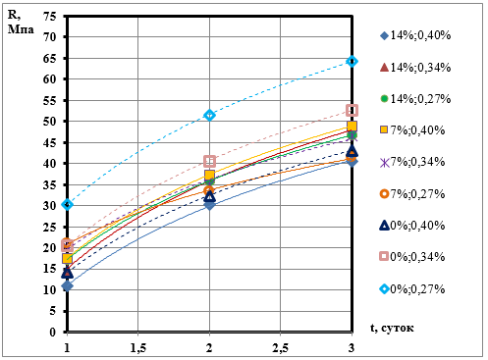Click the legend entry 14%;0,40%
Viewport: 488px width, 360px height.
(415, 35)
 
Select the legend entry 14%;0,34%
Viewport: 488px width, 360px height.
(415, 67)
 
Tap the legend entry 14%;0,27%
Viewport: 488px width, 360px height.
(415, 98)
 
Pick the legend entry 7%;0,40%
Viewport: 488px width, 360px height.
(412, 129)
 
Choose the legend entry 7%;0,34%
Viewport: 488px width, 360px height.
(412, 162)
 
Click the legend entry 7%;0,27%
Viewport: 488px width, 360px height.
(412, 193)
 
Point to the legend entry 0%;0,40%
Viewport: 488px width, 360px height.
(412, 226)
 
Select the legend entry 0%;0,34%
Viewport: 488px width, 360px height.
(412, 257)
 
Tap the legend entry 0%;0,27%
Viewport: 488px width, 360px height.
(412, 288)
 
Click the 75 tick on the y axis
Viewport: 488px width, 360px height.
(50, 16)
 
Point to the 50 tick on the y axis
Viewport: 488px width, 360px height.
(50, 121)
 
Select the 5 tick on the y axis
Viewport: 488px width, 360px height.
(53, 311)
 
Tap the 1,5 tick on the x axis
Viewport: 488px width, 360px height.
(138, 348)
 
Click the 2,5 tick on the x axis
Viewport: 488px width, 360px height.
(281, 348)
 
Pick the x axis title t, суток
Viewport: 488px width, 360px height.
(392, 328)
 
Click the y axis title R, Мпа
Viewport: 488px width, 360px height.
(21, 23)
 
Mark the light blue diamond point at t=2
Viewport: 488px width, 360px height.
(209, 115)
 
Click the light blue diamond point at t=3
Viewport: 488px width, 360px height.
(352, 61)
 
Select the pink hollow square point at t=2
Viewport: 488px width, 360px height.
(209, 161)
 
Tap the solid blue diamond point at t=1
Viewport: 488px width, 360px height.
(68, 286)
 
